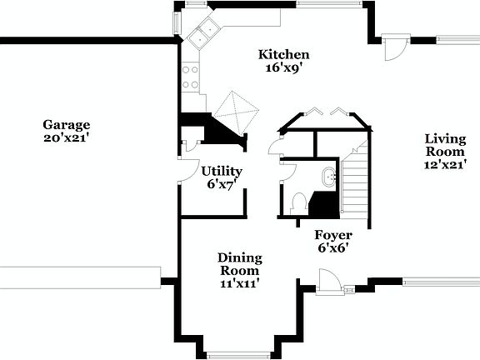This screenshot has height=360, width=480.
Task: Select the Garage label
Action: tap(67, 125)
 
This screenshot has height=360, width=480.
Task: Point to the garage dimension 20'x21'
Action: tap(67, 138)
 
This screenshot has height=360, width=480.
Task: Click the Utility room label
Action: tap(222, 171)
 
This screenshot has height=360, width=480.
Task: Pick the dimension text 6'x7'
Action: tap(222, 184)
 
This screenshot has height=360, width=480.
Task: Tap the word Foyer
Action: tap(332, 234)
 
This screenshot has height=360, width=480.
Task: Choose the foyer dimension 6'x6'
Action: tap(332, 247)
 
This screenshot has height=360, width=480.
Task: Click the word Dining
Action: tap(240, 257)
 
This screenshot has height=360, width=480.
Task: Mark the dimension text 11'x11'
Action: tap(240, 284)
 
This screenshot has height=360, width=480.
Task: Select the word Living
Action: tap(445, 138)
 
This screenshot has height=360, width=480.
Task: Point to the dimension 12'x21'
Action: tap(445, 165)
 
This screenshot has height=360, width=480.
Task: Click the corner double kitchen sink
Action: tap(202, 34)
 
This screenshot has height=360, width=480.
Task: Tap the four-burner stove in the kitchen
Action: tap(191, 77)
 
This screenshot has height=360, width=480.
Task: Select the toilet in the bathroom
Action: tap(299, 202)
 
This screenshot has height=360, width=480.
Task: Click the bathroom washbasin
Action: tap(327, 176)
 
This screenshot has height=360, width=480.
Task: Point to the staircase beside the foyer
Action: tap(355, 179)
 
